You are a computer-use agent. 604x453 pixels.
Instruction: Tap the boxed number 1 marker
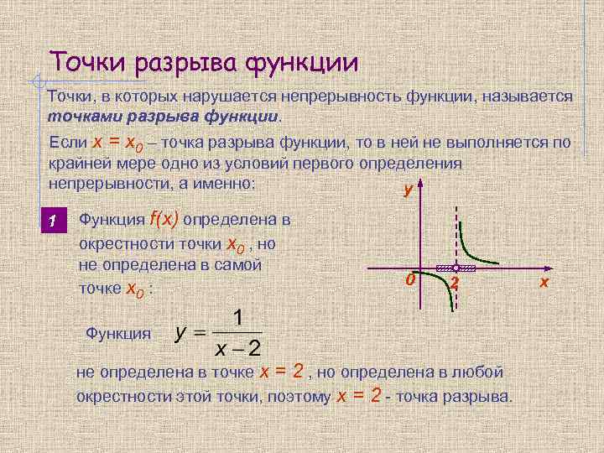53,221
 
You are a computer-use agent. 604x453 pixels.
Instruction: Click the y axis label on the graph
408,190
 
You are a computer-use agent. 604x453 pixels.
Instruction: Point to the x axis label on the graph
544,283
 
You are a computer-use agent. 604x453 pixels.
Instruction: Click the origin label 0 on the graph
409,279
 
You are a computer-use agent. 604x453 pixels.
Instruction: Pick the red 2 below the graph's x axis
454,284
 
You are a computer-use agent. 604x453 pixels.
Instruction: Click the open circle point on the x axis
454,268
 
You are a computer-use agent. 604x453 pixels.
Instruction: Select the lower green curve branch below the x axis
446,295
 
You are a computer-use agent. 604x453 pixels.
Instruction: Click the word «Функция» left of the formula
118,333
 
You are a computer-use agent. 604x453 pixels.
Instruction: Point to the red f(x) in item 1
164,220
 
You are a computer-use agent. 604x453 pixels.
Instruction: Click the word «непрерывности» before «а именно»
107,182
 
